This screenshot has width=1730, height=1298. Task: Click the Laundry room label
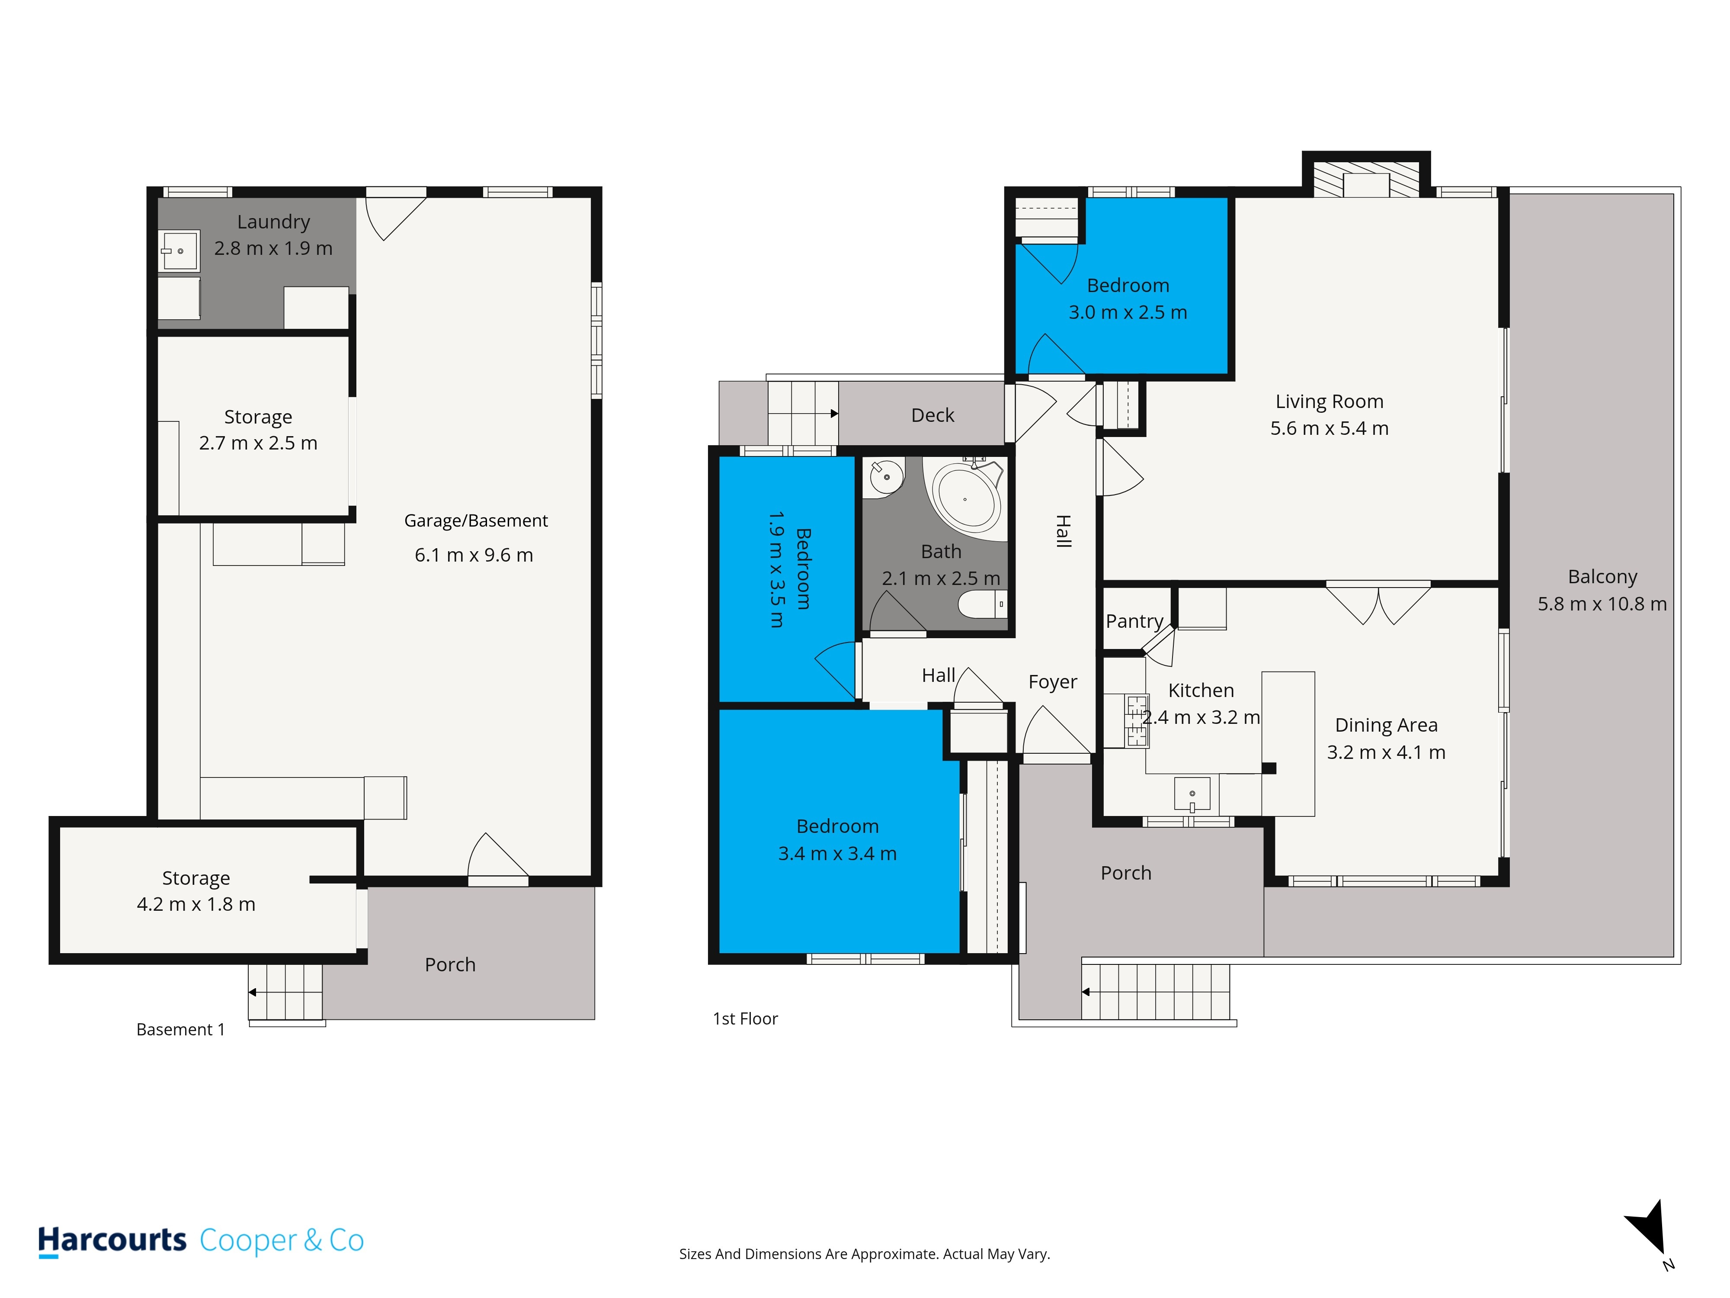(274, 222)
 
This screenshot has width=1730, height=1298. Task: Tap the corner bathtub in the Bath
(965, 498)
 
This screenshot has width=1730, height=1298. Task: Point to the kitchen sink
(1192, 794)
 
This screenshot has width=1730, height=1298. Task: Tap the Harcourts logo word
(112, 1241)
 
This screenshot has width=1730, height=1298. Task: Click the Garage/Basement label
(475, 521)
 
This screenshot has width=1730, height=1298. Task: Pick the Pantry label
(1134, 621)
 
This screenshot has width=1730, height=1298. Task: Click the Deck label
(932, 415)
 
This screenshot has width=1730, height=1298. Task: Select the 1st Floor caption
(745, 1018)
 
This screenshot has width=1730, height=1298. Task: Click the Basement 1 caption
(181, 1030)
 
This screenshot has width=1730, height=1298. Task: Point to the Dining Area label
(1386, 725)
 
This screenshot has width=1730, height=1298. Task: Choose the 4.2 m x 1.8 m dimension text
(196, 904)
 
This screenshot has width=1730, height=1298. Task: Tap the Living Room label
(1330, 402)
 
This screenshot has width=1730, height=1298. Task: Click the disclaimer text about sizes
(864, 1254)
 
